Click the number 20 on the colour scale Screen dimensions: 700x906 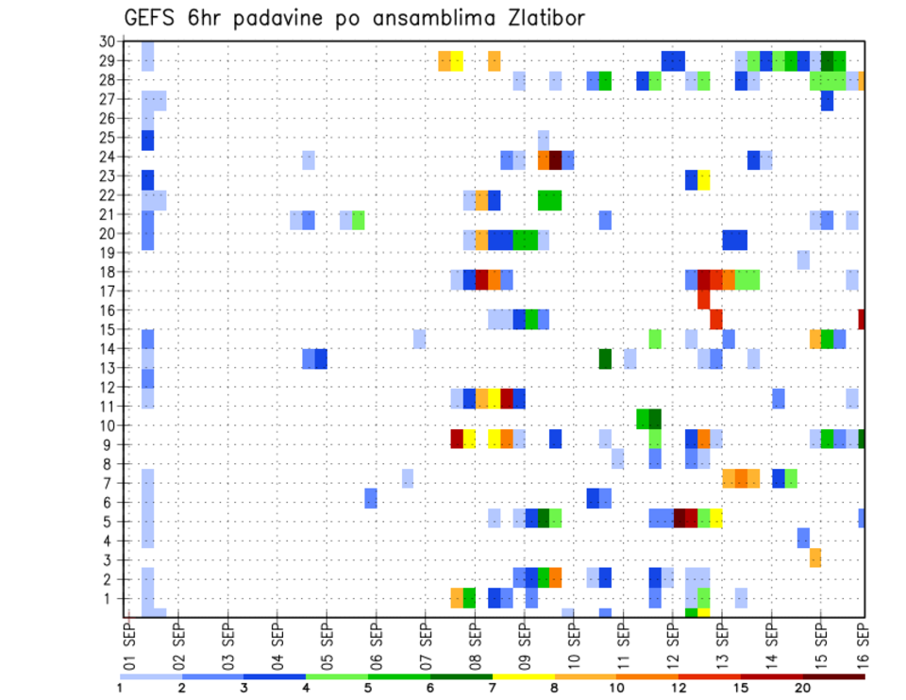[x=803, y=687]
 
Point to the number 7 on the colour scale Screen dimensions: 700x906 [x=494, y=687]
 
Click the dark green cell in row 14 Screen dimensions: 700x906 [x=605, y=358]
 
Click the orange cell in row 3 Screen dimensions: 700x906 [x=815, y=558]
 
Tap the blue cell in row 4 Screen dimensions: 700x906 [x=803, y=538]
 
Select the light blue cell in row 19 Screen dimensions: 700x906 [x=803, y=259]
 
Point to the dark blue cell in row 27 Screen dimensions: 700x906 [x=828, y=100]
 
